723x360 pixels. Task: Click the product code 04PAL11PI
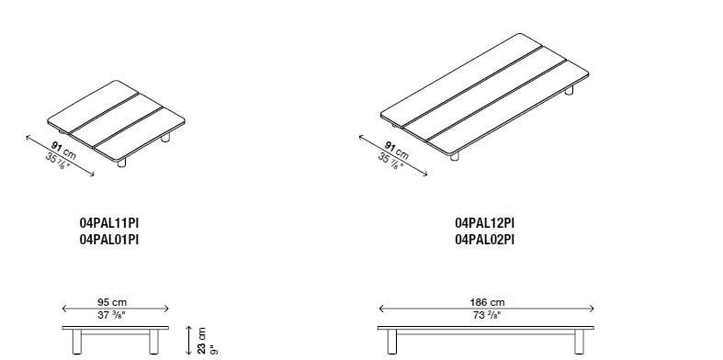click(109, 223)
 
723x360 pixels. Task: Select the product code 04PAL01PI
click(109, 240)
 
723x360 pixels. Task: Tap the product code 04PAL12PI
click(485, 223)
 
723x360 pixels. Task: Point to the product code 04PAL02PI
click(485, 240)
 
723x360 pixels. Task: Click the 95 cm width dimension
click(111, 302)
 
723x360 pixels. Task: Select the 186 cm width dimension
click(488, 302)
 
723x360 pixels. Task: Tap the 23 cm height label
click(201, 341)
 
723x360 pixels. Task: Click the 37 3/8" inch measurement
click(111, 315)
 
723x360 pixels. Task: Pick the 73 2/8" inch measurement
click(486, 315)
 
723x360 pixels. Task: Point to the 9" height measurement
click(212, 350)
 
